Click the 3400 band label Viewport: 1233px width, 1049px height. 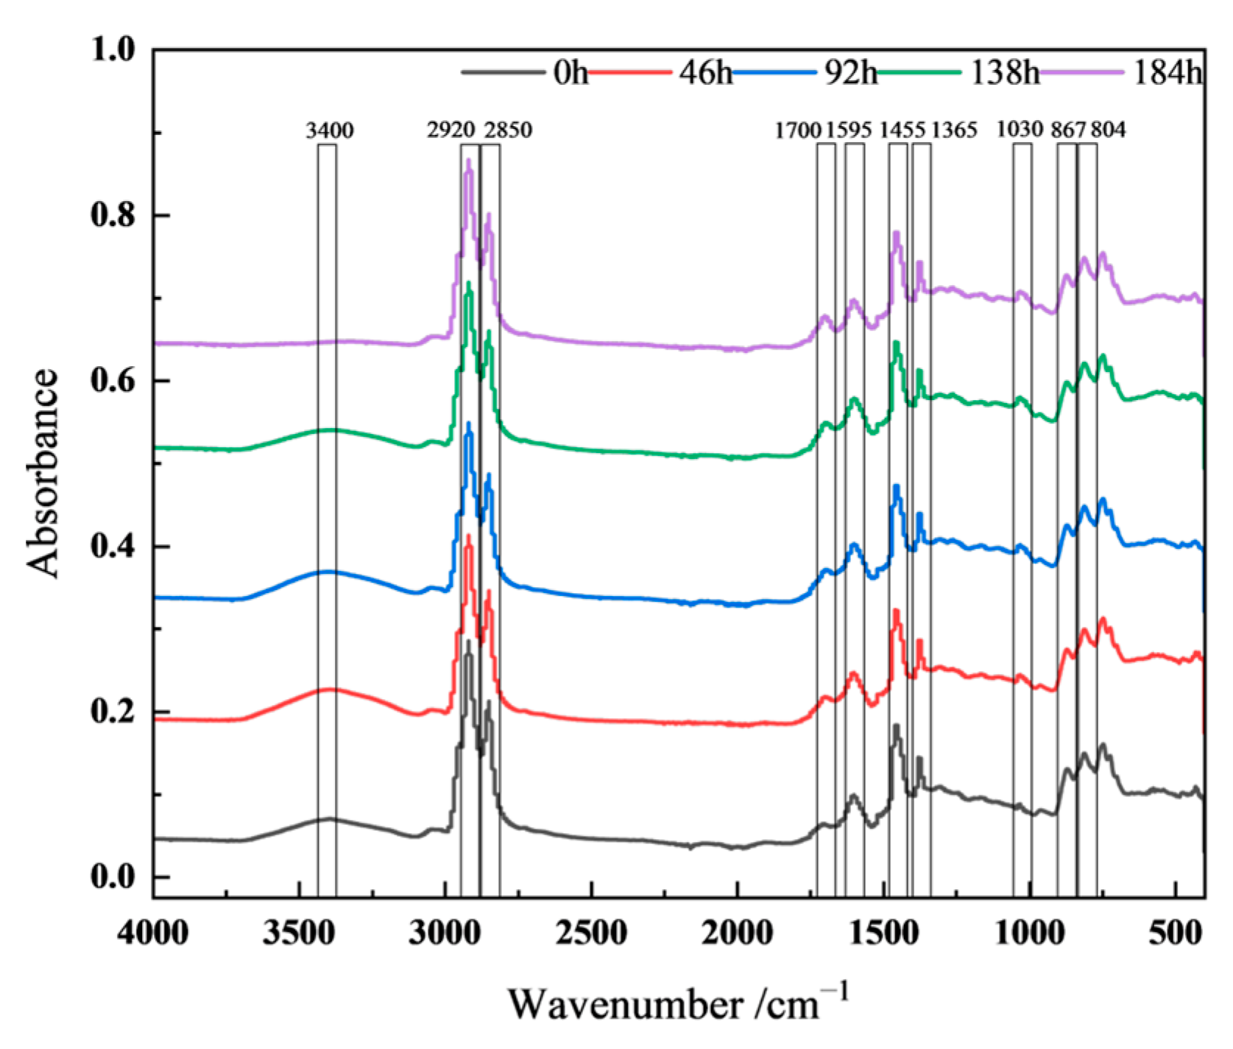(x=329, y=131)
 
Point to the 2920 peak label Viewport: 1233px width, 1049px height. (x=450, y=131)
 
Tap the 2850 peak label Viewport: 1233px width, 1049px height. (x=508, y=131)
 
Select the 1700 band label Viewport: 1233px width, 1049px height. (x=797, y=131)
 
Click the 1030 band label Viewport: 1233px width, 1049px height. (x=1020, y=130)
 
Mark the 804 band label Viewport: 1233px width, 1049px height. (x=1108, y=131)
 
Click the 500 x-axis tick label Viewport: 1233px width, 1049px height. (x=1176, y=933)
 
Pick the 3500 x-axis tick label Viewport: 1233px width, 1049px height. (x=299, y=933)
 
